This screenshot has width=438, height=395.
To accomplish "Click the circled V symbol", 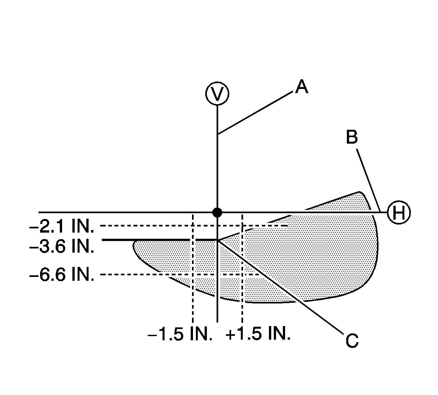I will coord(217,93).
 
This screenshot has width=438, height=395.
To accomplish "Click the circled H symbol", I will coord(399,213).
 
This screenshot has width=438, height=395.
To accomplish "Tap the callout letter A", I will coord(301,87).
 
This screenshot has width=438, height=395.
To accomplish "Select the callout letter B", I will coord(352,137).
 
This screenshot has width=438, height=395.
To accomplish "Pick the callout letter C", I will coord(352,341).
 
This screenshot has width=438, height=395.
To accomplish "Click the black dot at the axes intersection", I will coord(217,213).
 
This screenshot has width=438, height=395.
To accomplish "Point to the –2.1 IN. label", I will coord(62,227).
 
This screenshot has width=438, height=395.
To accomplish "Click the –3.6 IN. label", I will coord(62,247).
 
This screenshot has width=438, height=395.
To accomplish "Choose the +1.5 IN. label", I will coord(258,334).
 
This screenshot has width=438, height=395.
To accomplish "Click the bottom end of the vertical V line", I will coord(217,321).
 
